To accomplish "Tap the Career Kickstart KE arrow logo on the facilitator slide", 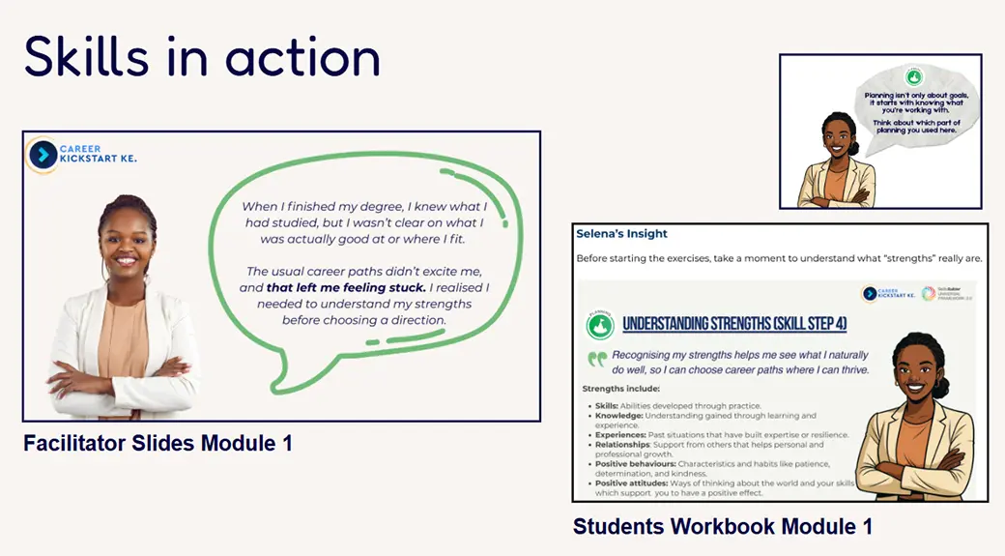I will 43,155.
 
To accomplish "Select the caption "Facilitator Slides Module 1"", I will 158,444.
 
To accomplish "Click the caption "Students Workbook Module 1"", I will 723,527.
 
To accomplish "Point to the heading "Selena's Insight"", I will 621,234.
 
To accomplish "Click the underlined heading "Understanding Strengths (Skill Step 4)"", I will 734,324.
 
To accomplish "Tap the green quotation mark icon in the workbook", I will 597,358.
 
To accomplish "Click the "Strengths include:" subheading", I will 621,389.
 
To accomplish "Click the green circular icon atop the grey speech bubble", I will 912,76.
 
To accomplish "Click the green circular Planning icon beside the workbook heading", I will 599,325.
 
